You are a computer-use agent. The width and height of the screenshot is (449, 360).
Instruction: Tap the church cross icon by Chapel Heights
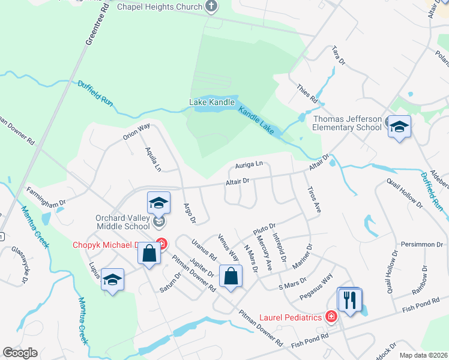(x=211, y=7)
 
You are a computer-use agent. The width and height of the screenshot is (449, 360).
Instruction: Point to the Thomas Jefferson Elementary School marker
(x=399, y=127)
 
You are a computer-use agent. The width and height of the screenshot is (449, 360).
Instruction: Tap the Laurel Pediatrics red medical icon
(x=330, y=317)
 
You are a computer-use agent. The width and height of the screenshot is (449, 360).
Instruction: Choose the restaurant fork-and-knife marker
(x=350, y=299)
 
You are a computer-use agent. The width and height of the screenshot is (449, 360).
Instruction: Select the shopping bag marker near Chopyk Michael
(x=149, y=253)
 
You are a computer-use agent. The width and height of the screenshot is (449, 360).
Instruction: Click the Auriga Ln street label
(x=249, y=164)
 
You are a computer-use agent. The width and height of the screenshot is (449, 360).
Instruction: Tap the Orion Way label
(x=136, y=131)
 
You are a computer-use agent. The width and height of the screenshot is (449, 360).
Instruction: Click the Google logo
(x=20, y=353)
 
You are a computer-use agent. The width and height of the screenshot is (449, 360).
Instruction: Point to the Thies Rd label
(x=306, y=94)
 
